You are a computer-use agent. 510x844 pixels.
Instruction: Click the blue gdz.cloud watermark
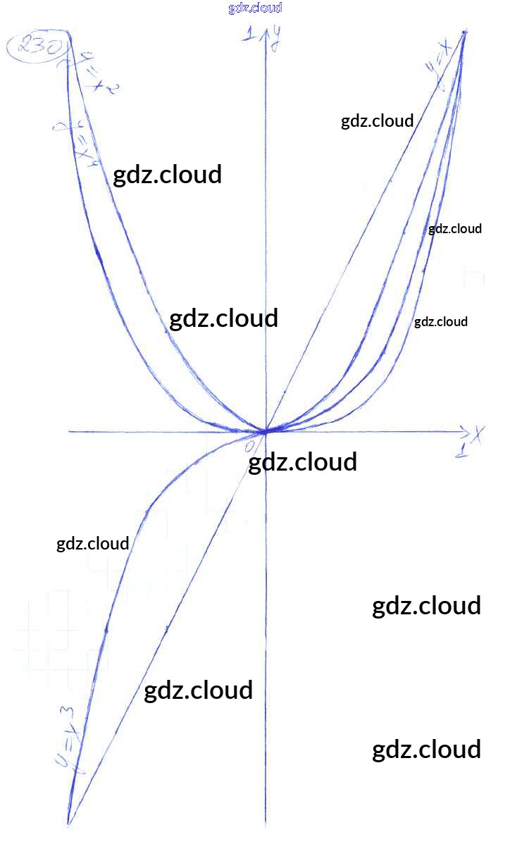tap(255, 8)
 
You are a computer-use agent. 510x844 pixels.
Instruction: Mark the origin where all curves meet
tap(266, 430)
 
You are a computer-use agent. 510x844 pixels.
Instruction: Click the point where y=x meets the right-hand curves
tap(465, 32)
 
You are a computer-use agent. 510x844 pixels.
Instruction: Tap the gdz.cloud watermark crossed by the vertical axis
tap(303, 462)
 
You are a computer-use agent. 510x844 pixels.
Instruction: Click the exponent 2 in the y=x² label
tap(112, 87)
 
